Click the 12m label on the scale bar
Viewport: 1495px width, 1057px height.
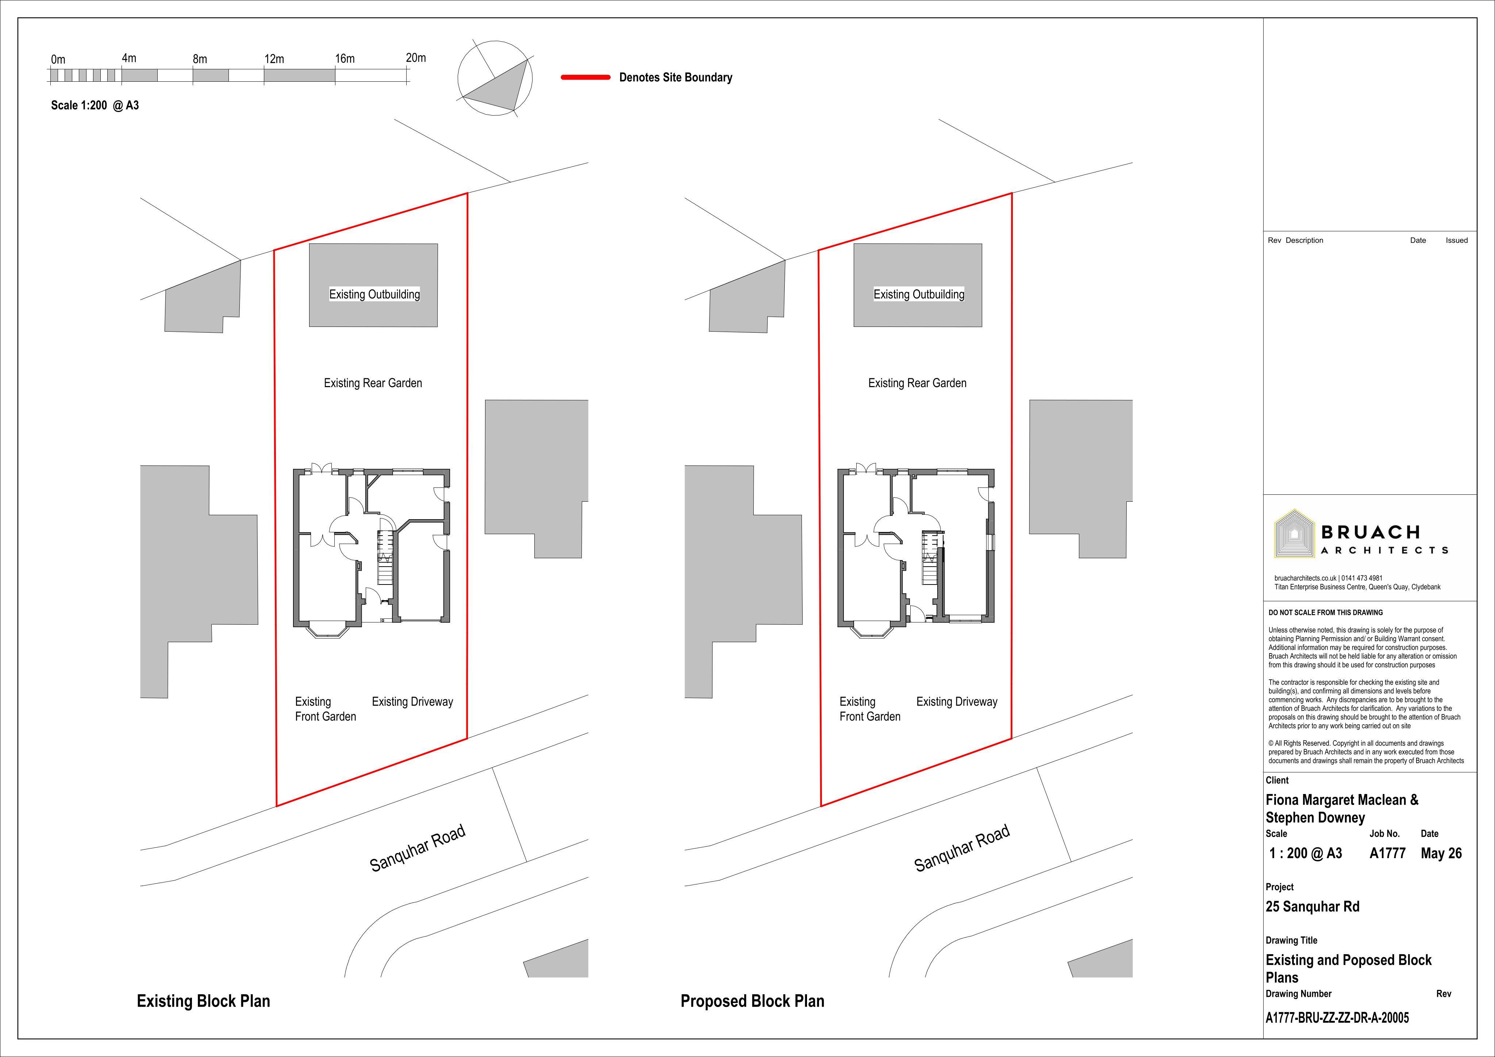click(x=274, y=59)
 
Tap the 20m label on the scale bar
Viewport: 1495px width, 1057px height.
click(x=416, y=58)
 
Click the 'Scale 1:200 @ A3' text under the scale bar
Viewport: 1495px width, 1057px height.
click(x=95, y=105)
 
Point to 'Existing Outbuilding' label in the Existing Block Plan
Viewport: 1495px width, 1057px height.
click(x=374, y=294)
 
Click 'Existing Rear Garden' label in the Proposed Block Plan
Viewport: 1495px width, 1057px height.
click(x=918, y=383)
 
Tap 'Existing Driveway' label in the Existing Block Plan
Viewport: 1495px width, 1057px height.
click(x=412, y=702)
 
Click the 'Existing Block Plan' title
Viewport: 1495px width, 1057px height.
click(x=203, y=1001)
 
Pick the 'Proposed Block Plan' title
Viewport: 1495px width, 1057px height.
click(x=752, y=1001)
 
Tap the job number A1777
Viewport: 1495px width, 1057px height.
click(x=1388, y=853)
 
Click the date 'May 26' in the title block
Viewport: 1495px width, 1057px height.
click(x=1441, y=853)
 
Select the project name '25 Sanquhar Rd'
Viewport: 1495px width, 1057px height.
click(x=1313, y=907)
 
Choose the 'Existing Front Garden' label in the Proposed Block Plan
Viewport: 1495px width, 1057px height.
click(x=870, y=709)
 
